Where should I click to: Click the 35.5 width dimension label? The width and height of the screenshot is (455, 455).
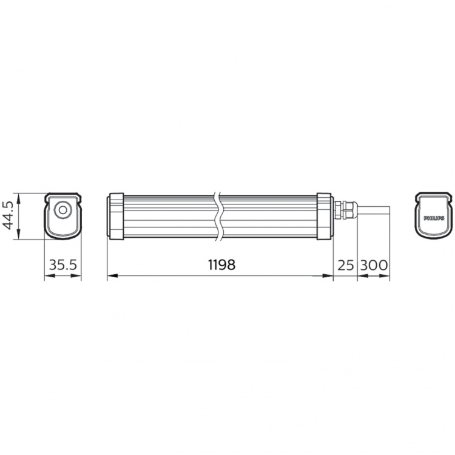63,265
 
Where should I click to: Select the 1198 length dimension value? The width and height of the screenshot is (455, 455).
221,265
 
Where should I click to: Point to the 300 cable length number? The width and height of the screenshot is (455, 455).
374,265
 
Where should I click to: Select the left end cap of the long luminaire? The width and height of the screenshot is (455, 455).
115,216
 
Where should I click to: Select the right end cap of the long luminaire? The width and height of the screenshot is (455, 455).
325,216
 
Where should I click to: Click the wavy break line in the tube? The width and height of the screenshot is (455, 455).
219,216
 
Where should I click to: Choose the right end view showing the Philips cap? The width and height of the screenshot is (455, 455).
434,216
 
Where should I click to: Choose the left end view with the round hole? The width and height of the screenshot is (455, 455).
63,216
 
